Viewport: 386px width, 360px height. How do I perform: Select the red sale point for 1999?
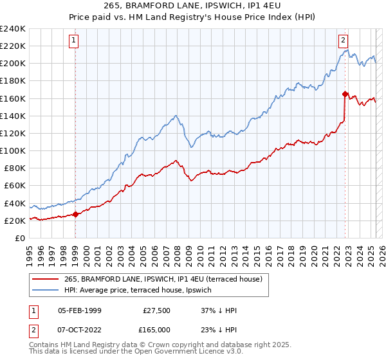(75, 214)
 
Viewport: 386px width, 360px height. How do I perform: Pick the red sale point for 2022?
(345, 94)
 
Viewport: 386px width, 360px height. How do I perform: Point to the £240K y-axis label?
(13, 29)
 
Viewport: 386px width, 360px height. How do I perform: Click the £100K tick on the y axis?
(13, 150)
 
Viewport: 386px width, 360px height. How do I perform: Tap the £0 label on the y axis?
(19, 238)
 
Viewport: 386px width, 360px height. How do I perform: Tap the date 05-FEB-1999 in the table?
(80, 310)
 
